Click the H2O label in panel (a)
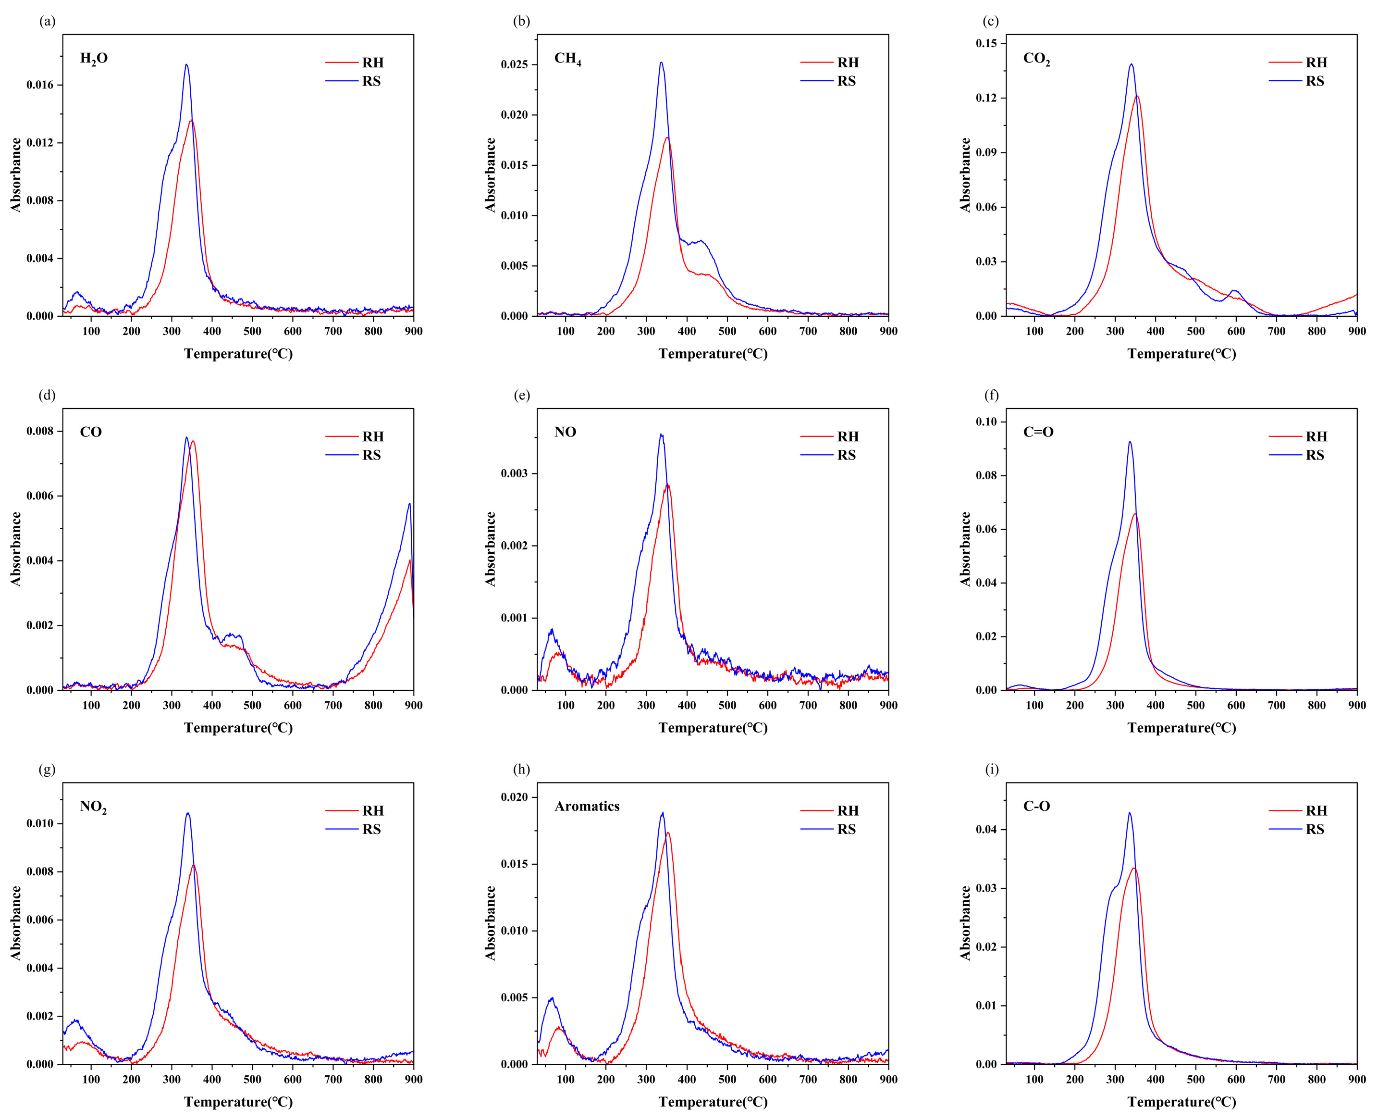(x=94, y=59)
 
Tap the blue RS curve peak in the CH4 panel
(x=661, y=63)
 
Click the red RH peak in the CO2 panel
(x=1137, y=97)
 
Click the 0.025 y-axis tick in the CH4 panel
(x=514, y=64)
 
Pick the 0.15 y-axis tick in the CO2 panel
(x=986, y=43)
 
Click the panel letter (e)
(x=521, y=395)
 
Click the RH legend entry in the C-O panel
(x=1316, y=810)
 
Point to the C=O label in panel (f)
(x=1038, y=432)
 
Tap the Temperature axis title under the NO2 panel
(x=238, y=1101)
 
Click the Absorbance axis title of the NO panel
(x=491, y=549)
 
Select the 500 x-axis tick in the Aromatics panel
(x=727, y=1079)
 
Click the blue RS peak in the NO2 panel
(x=188, y=813)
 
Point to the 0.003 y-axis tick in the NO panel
(x=514, y=473)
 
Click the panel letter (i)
(x=992, y=769)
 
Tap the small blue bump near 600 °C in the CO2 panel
(x=1234, y=291)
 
